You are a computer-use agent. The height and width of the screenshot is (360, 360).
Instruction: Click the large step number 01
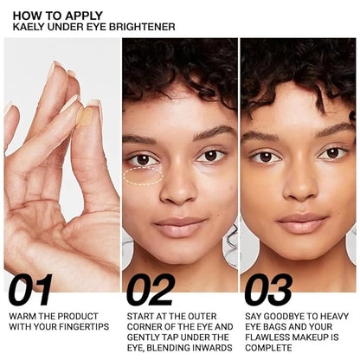coord(30,291)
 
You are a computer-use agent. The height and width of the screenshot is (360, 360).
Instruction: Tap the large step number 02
coord(150,291)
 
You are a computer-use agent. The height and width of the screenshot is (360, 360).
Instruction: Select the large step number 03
coord(268,291)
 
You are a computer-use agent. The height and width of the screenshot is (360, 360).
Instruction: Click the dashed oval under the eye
coord(143,177)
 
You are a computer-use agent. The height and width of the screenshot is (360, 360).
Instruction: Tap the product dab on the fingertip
coord(85,115)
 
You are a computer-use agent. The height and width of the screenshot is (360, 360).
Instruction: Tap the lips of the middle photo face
coord(180,227)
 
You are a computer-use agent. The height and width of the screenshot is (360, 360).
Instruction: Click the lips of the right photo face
coord(300,222)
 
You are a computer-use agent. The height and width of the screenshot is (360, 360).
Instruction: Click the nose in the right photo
coord(299,184)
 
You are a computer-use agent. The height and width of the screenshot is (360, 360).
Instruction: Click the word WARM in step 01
coord(23,316)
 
